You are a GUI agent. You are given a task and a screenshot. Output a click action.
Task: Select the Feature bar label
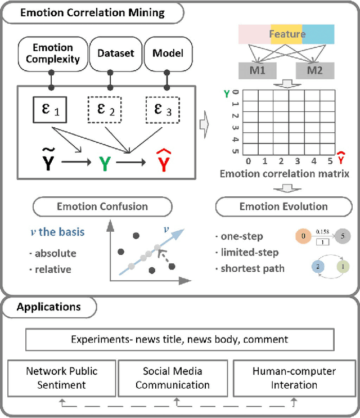[287, 34]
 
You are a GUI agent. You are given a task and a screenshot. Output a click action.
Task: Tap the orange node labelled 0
[304, 236]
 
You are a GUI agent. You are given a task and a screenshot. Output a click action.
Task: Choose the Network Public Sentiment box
[62, 377]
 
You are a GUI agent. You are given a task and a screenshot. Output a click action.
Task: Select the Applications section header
[48, 307]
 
